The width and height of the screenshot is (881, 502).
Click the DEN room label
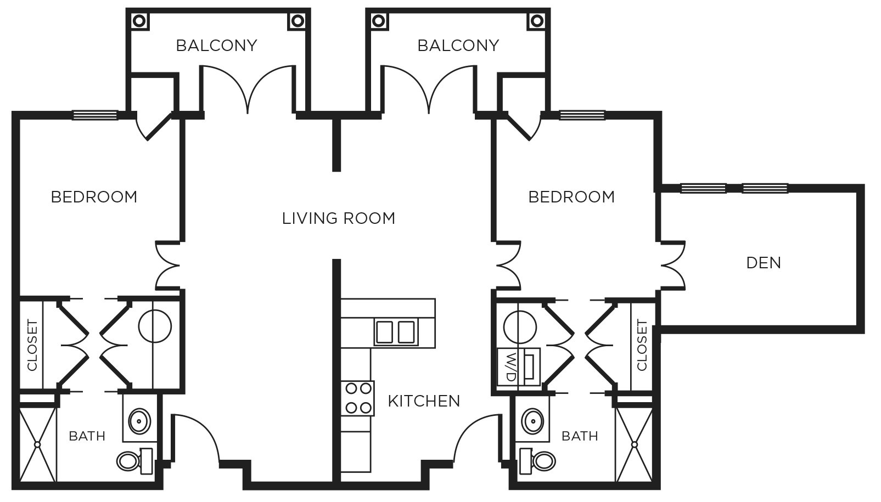point(764,263)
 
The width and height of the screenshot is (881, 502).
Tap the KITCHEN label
point(424,401)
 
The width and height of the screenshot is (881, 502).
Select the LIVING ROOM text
point(339,218)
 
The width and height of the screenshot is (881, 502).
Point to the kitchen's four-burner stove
point(357,398)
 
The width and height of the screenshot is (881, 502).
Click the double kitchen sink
point(395,332)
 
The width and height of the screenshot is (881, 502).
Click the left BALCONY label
point(216,46)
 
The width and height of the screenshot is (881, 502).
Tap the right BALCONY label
point(458,46)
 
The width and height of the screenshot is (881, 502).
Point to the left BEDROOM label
point(94,197)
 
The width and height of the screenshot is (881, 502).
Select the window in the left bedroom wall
point(95,115)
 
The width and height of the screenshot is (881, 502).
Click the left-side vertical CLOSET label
point(32,346)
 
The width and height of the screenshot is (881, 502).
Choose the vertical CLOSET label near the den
point(641,346)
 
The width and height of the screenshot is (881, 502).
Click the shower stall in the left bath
point(37,443)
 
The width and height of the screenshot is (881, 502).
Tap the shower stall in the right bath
point(634,443)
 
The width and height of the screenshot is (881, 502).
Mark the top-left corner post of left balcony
point(139,21)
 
